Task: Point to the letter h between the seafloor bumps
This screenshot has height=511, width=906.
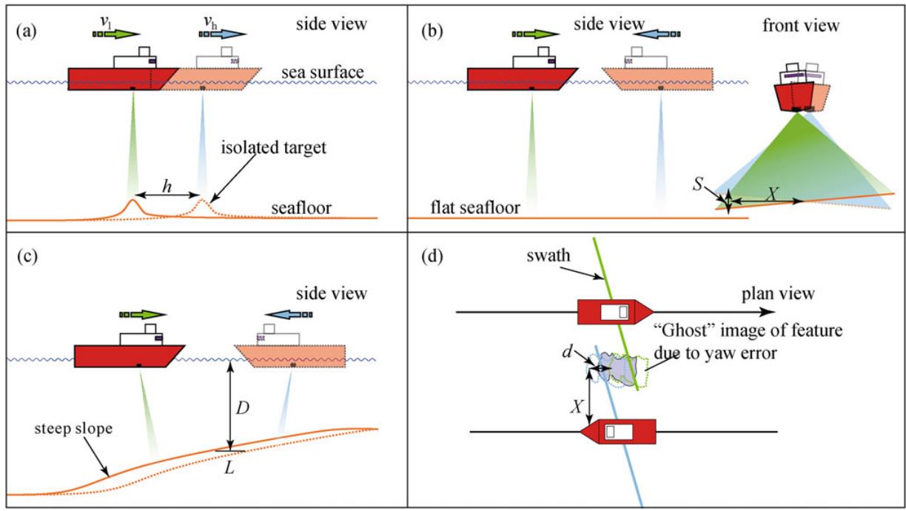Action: (167, 188)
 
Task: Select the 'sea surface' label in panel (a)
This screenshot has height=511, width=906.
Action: (322, 72)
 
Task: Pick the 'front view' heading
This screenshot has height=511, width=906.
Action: (802, 26)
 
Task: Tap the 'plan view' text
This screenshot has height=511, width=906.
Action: (778, 294)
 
